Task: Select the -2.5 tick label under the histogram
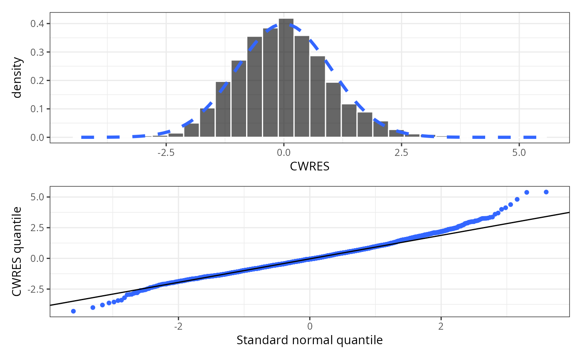[x=165, y=153]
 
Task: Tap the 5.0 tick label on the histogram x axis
[x=519, y=153]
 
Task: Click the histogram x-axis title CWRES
[x=309, y=167]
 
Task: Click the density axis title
[x=17, y=78]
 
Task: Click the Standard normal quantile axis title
[x=309, y=340]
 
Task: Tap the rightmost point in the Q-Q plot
[x=546, y=192]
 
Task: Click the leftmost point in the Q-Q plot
[x=74, y=311]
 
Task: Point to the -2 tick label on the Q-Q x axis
[x=178, y=326]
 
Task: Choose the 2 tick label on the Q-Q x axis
[x=441, y=326]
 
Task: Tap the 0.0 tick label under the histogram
[x=284, y=153]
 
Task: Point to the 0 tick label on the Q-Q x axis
[x=310, y=326]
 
